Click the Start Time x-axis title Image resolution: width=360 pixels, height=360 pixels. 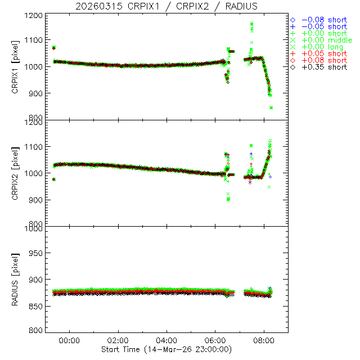(166, 349)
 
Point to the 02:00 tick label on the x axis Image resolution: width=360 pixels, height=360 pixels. (118, 341)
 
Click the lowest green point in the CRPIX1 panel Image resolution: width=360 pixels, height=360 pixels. (271, 107)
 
